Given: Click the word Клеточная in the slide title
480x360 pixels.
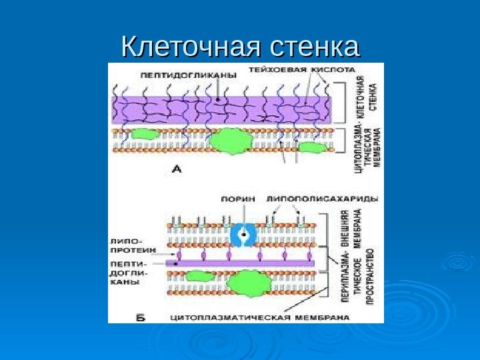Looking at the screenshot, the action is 186,48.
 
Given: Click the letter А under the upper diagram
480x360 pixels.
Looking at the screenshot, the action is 177,170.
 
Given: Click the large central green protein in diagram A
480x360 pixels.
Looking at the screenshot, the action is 229,141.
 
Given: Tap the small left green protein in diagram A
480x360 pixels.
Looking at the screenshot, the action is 144,134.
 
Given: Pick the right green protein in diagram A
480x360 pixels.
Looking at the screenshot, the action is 312,147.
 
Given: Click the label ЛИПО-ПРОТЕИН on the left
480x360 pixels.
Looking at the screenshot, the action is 133,244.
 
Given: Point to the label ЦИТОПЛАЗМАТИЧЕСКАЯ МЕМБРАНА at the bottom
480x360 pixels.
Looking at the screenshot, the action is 259,317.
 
